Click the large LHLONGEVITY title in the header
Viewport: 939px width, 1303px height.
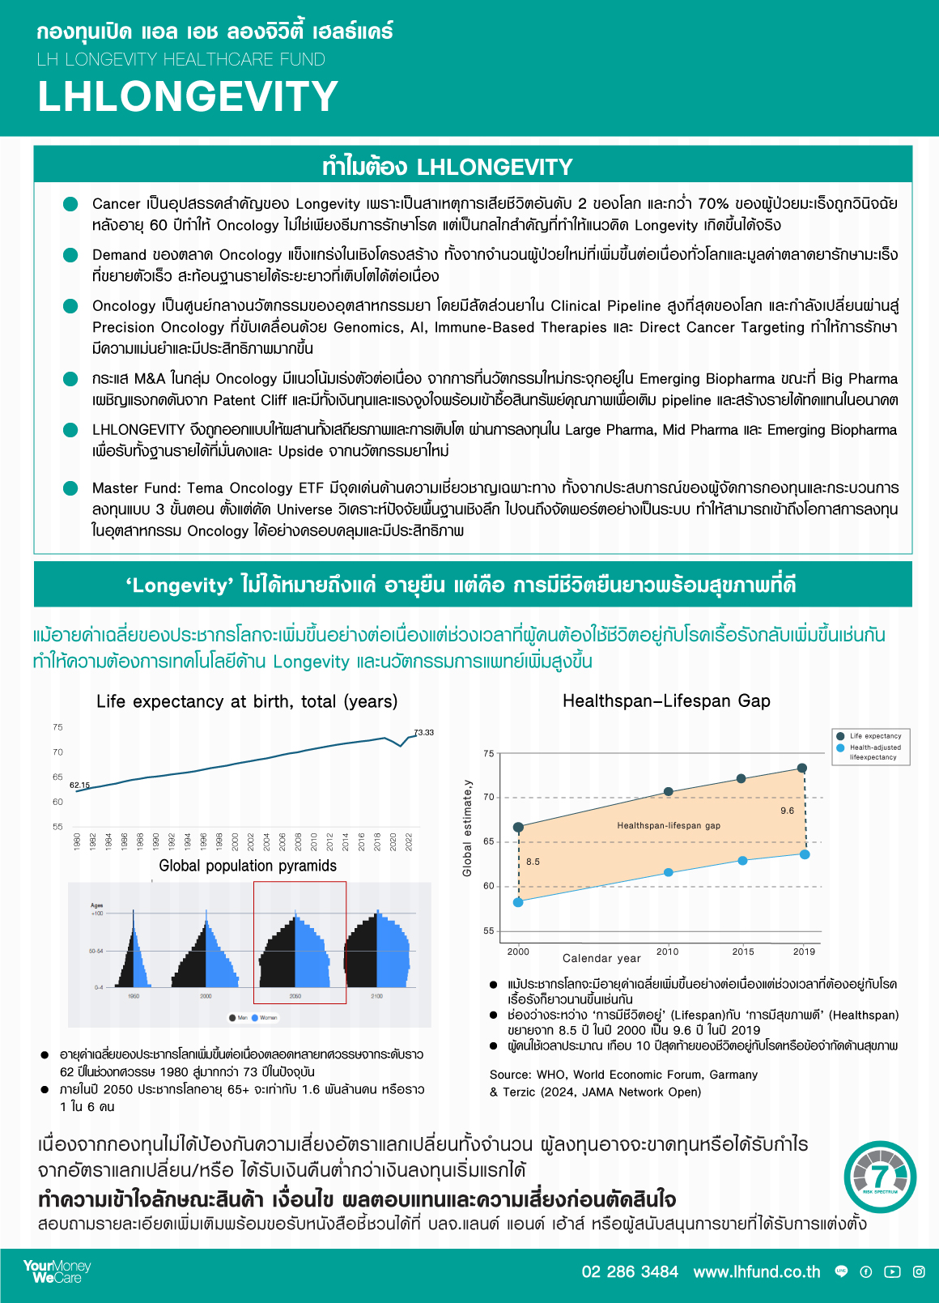188,96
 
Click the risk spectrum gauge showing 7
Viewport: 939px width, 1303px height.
880,1177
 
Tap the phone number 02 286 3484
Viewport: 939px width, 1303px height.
630,1271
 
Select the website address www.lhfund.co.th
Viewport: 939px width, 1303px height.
757,1271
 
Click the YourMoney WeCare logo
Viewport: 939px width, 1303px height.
57,1271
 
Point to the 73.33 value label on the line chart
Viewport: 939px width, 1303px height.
424,732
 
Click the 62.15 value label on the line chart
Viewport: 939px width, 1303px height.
79,785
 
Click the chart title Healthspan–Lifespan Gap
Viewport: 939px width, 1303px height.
666,700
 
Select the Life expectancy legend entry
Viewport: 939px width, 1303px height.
874,736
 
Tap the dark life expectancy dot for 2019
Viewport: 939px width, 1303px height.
801,768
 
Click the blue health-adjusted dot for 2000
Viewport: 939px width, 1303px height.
518,902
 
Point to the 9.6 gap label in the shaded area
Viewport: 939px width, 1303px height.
787,811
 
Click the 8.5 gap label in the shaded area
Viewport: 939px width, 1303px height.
533,862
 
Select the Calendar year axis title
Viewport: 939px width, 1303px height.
601,958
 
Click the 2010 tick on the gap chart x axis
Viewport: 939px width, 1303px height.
668,952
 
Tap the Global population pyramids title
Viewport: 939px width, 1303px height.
248,866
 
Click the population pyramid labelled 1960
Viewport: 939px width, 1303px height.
133,952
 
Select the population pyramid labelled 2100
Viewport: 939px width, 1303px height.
377,952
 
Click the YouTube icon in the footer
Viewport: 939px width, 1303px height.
892,1271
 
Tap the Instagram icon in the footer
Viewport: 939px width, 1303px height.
919,1271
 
